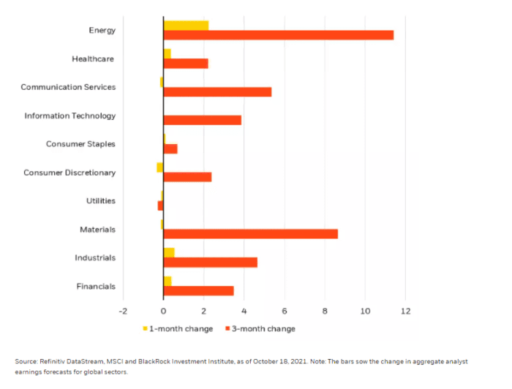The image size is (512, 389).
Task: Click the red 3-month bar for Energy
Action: [x=278, y=35]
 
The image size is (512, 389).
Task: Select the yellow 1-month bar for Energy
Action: [x=186, y=25]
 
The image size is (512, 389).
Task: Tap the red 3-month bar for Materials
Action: [x=250, y=234]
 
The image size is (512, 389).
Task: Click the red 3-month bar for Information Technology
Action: [x=202, y=120]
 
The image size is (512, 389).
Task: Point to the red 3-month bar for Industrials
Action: [x=210, y=263]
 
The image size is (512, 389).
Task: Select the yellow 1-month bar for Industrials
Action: [x=169, y=252]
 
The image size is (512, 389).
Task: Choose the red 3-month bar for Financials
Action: [x=198, y=291]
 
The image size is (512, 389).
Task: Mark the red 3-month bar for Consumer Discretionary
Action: [x=187, y=177]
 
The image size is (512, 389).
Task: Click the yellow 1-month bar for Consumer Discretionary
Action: [x=159, y=167]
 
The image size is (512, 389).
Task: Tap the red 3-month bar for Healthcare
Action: [x=186, y=64]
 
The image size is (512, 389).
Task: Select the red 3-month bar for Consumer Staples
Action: [x=170, y=149]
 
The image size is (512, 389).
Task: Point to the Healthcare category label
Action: [x=93, y=58]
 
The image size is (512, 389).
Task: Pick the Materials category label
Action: [x=97, y=230]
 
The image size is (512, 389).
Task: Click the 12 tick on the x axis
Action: [x=405, y=310]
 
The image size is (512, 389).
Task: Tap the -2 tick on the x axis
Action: [x=122, y=310]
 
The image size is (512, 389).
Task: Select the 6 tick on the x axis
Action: [x=285, y=310]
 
